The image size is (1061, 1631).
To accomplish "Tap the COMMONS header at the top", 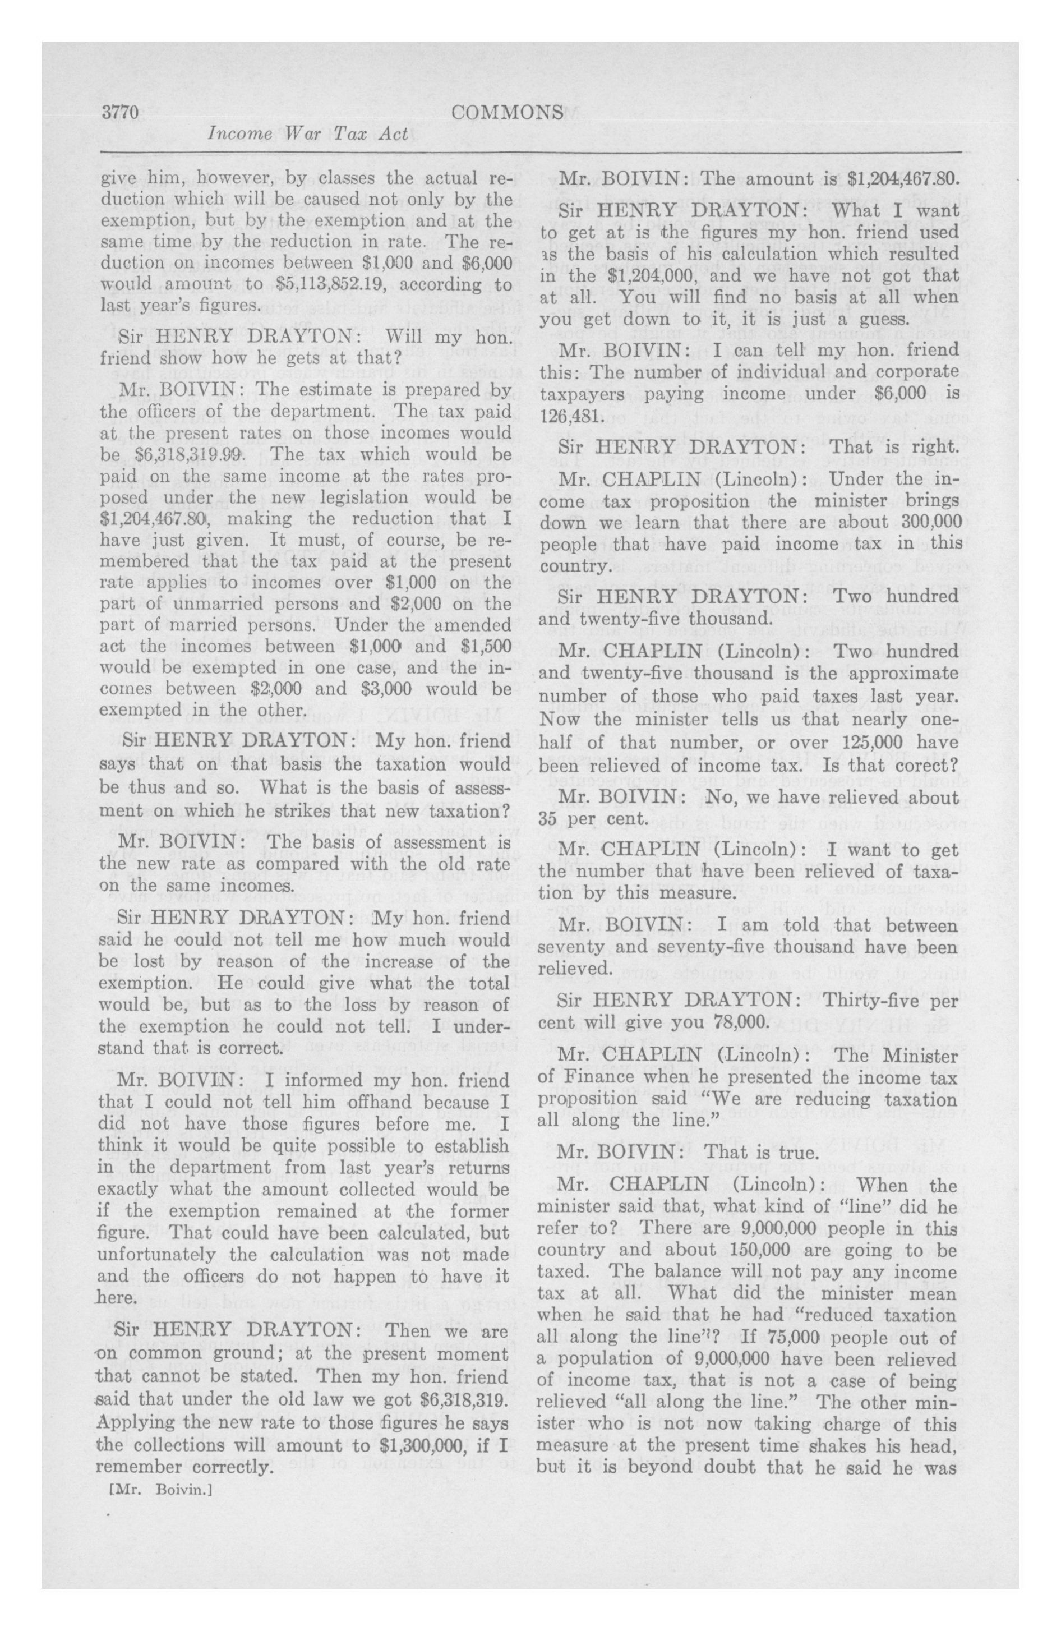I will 508,112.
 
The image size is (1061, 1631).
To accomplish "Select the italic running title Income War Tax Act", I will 308,134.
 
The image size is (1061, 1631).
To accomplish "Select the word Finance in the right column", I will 590,1077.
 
